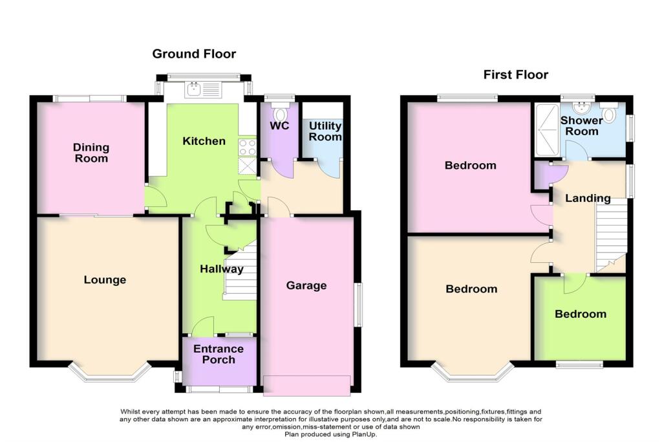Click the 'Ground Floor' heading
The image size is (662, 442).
pyautogui.click(x=194, y=54)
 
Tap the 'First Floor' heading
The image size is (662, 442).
pyautogui.click(x=516, y=74)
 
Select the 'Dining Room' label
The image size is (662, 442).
pyautogui.click(x=91, y=153)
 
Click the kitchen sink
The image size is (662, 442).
pyautogui.click(x=195, y=91)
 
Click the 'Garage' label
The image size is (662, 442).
pyautogui.click(x=306, y=285)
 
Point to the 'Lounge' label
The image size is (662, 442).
pyautogui.click(x=105, y=280)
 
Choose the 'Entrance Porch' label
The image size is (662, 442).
pyautogui.click(x=219, y=354)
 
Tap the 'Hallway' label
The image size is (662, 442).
pyautogui.click(x=221, y=269)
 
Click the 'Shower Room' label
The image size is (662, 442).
pyautogui.click(x=581, y=126)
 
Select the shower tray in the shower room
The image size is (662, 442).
pyautogui.click(x=547, y=131)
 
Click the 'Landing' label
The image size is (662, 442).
pyautogui.click(x=588, y=198)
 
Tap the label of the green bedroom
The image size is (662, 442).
pyautogui.click(x=581, y=314)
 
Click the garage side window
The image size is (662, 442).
pyautogui.click(x=359, y=305)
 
